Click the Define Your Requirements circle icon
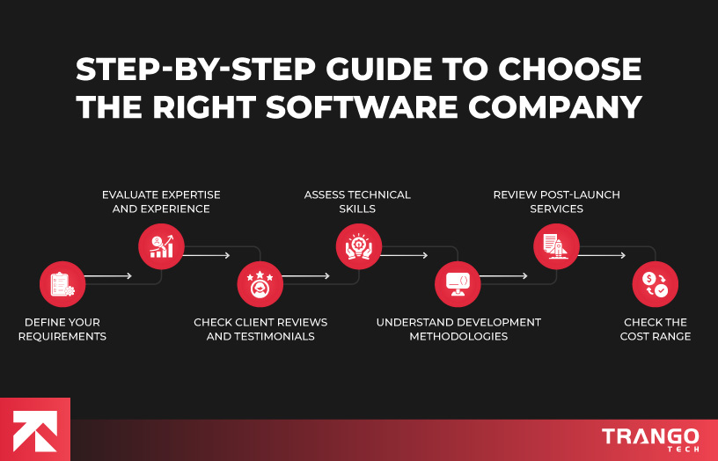(x=62, y=284)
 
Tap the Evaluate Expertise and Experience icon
(x=162, y=246)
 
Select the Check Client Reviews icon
(x=260, y=284)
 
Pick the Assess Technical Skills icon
(x=359, y=246)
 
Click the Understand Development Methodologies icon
(x=458, y=284)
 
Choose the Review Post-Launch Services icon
(x=556, y=246)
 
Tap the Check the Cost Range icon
(x=656, y=284)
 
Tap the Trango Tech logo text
(x=650, y=438)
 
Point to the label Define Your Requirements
(x=62, y=329)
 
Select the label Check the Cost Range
(x=656, y=329)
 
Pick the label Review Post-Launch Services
(x=556, y=201)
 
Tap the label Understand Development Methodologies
(x=458, y=329)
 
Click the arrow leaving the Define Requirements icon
(x=109, y=276)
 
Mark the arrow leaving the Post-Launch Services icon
(x=603, y=255)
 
